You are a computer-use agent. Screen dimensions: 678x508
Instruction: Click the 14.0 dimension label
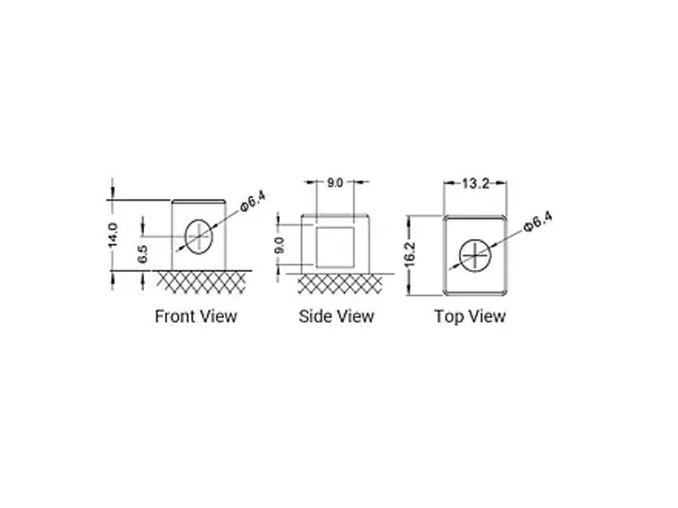(113, 235)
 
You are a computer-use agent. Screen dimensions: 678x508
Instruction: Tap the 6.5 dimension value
(142, 254)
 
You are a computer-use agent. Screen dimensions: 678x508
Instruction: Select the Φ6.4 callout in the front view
(253, 202)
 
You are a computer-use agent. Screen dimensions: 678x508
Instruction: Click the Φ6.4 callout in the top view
(538, 222)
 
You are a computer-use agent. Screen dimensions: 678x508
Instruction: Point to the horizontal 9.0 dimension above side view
(335, 183)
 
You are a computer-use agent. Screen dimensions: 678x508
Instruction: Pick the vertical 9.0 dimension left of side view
(280, 245)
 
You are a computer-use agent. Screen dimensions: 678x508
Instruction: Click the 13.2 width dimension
(475, 184)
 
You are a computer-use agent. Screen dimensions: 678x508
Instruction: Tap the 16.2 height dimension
(410, 255)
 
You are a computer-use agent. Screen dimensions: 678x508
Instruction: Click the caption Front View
(196, 317)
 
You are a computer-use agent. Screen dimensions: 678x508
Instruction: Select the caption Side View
(336, 317)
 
